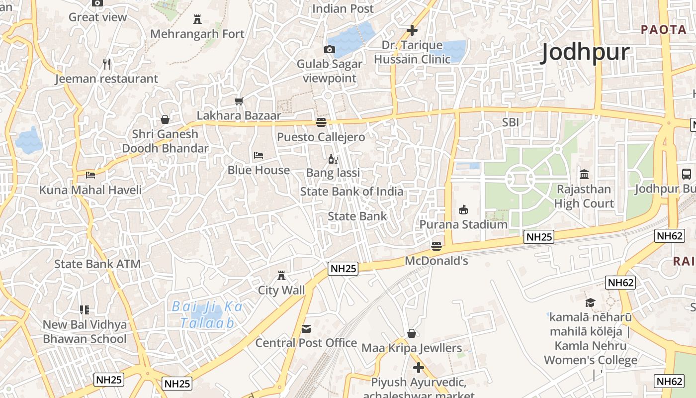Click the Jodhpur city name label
pos(585,52)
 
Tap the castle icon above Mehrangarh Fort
pos(197,19)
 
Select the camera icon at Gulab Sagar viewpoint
pos(329,49)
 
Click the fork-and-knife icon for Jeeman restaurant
pos(107,64)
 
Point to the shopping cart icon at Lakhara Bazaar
pos(239,101)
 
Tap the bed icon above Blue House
pos(258,155)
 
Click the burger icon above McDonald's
pos(436,246)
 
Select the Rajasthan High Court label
pos(584,196)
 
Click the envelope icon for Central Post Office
pos(306,328)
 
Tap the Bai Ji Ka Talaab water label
pos(207,314)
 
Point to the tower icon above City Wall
pos(281,275)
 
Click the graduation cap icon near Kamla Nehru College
pos(590,302)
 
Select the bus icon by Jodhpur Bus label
pos(686,174)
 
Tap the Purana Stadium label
pos(463,224)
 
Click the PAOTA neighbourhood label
pos(664,29)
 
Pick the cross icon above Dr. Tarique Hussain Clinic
pos(412,30)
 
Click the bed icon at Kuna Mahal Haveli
pos(90,175)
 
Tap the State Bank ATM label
pos(97,264)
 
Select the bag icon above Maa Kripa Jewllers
pos(412,333)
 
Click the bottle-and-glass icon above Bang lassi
pos(333,159)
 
